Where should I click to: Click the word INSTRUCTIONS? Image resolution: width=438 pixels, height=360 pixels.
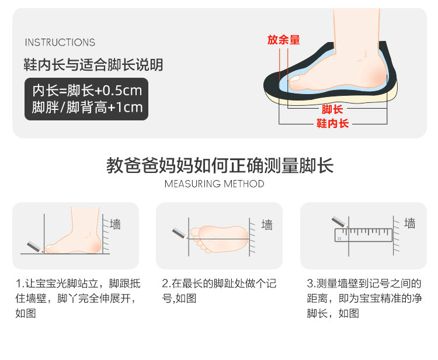point(60,42)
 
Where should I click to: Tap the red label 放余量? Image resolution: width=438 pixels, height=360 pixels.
point(283,40)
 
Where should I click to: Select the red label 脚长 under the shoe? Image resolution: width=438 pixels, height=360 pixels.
point(332,109)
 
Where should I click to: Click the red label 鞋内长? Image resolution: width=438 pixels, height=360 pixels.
point(332,123)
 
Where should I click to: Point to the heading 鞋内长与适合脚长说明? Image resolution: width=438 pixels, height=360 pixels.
point(93,64)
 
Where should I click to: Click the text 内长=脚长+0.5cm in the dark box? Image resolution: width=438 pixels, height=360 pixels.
point(87,90)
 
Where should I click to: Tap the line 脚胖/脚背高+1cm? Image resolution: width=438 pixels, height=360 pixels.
point(87,108)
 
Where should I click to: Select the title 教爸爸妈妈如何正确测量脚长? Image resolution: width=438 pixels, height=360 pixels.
point(220,165)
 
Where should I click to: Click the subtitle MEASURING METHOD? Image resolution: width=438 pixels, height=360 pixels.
point(214,184)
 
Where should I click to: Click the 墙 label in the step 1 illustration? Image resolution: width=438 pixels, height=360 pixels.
point(115,224)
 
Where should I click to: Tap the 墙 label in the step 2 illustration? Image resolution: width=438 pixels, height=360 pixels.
point(267,225)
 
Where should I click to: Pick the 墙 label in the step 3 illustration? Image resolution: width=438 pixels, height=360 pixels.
point(410,224)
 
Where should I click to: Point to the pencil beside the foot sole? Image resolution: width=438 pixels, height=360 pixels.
point(180,233)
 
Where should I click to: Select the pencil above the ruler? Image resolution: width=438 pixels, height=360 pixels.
point(340,222)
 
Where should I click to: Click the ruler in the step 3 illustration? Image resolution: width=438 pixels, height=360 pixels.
point(363,235)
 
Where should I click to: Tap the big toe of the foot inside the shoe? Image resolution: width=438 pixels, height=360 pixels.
point(295,79)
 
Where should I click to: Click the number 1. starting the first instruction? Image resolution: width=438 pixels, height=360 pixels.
point(20,283)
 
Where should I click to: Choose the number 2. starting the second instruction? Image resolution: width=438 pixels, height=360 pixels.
point(166,283)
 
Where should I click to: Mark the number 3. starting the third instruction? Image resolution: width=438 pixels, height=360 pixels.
point(311,283)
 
